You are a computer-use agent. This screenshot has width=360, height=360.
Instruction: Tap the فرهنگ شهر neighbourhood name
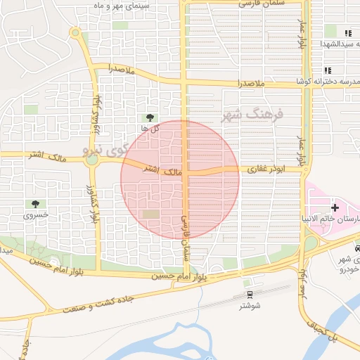(x=250, y=115)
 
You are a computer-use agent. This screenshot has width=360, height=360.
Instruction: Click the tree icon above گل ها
(x=149, y=117)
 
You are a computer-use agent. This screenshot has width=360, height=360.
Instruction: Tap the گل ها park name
(x=149, y=129)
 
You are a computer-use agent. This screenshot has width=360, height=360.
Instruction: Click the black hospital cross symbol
(x=335, y=207)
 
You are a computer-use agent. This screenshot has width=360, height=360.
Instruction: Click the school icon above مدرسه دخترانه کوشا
(x=328, y=70)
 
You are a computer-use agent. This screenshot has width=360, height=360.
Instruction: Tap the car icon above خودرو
(x=358, y=248)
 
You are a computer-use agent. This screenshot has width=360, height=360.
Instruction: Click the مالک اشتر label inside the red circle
(x=162, y=171)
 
